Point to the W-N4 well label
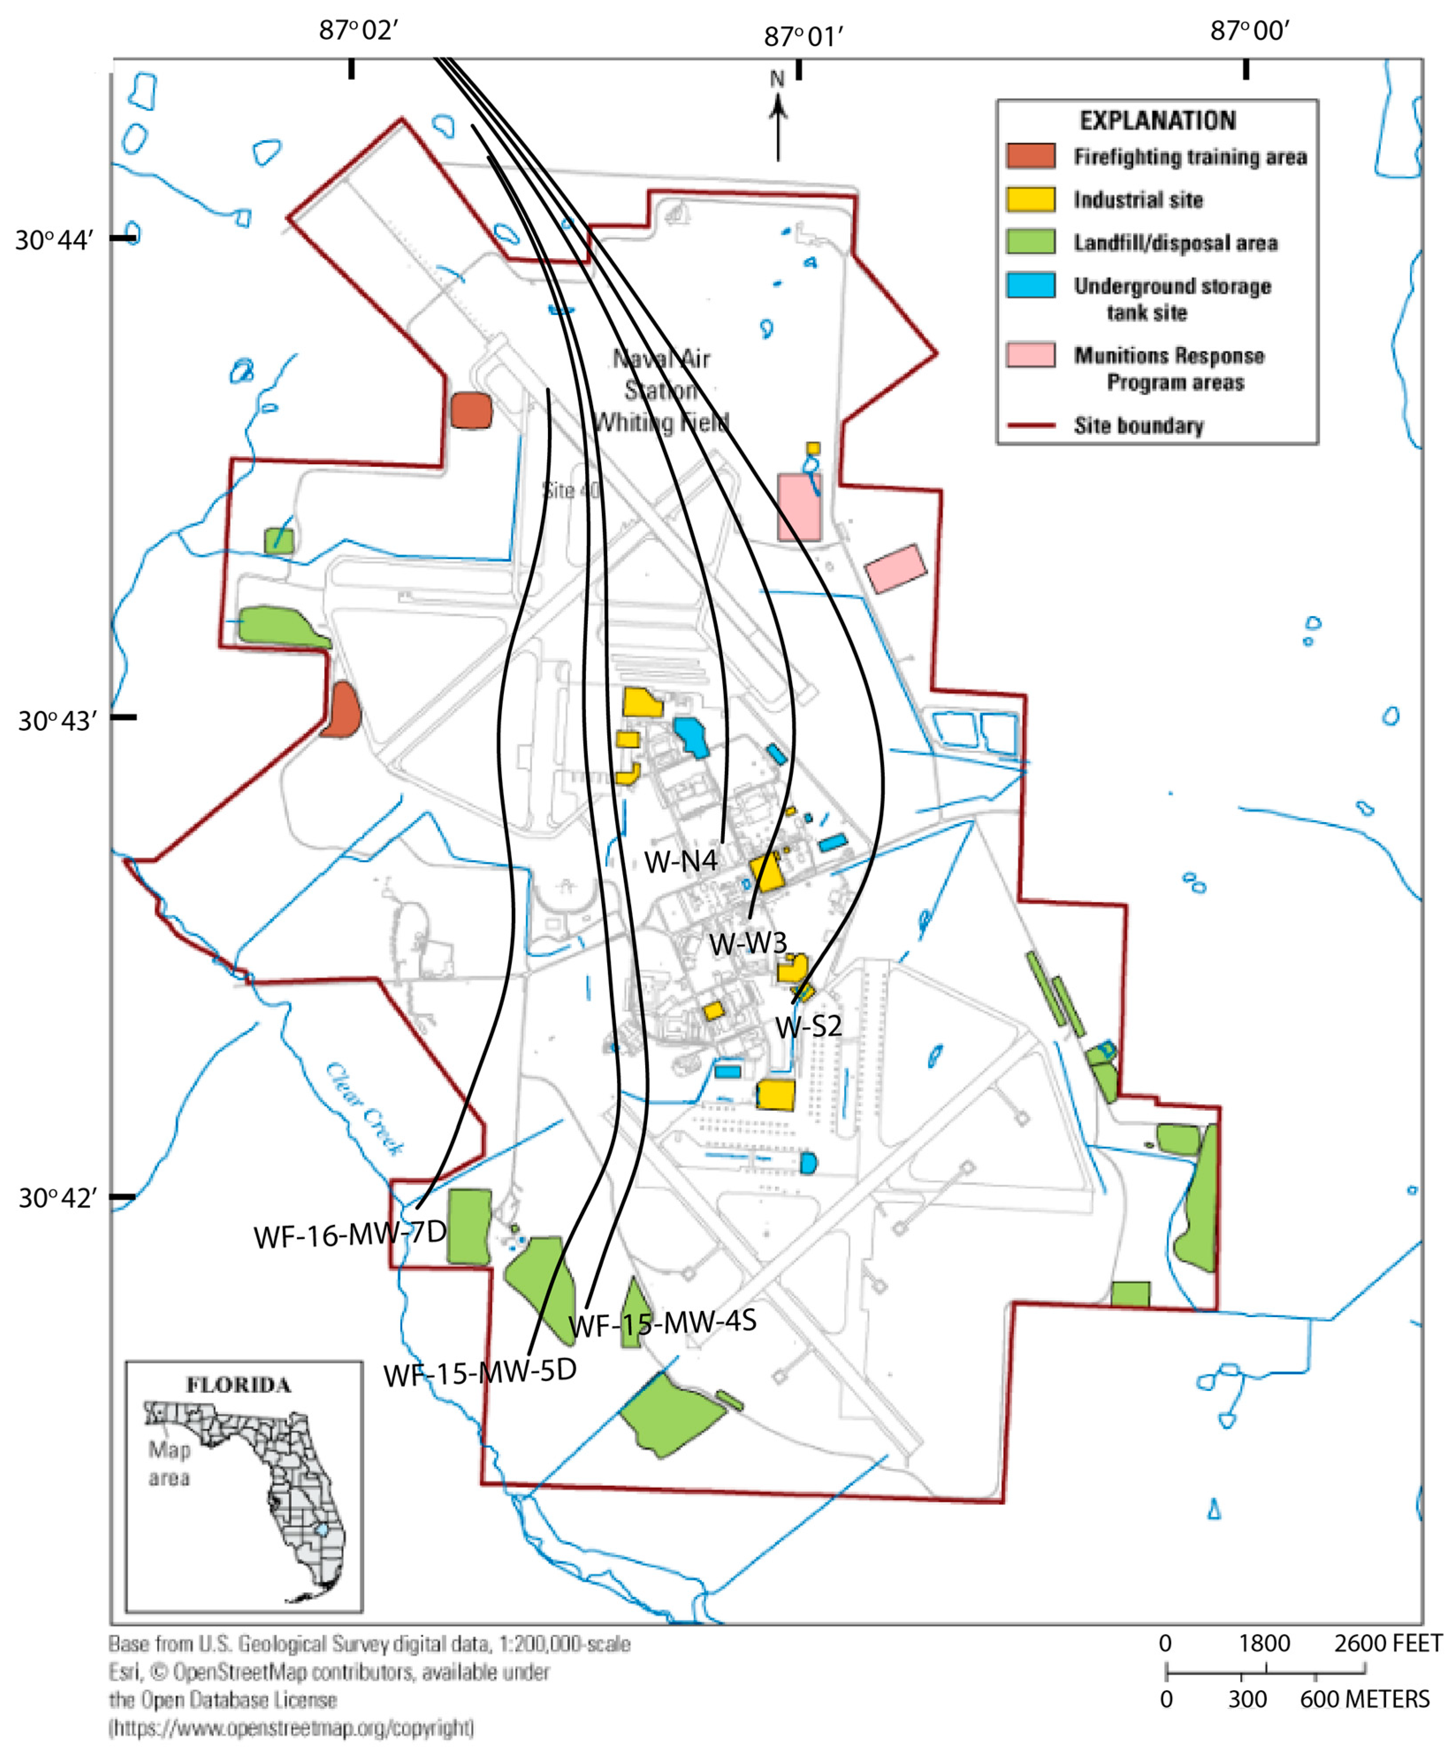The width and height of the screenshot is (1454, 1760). click(x=680, y=861)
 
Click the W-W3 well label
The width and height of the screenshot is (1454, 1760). click(x=748, y=943)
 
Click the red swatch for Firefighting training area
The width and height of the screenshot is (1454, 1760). click(x=1030, y=156)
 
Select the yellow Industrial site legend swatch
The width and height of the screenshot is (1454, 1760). click(x=1030, y=199)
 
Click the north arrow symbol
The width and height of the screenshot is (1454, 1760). click(x=778, y=117)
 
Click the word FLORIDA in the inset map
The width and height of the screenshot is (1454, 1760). click(x=239, y=1385)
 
